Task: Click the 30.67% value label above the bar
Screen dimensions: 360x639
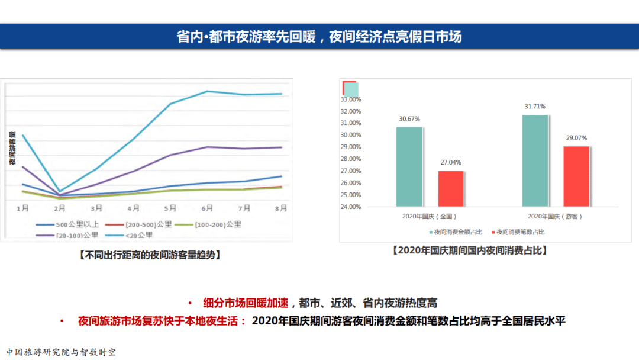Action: click(x=409, y=119)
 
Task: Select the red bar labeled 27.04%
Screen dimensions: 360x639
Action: click(x=451, y=188)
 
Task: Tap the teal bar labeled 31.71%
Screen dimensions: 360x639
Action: click(x=535, y=160)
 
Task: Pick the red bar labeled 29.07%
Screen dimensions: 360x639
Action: click(x=576, y=176)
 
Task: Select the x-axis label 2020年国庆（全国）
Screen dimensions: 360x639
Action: click(x=430, y=217)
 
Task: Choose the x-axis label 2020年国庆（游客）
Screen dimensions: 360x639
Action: click(x=555, y=217)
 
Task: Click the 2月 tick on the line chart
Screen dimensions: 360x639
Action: click(x=60, y=208)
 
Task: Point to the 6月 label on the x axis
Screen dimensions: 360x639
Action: click(x=207, y=208)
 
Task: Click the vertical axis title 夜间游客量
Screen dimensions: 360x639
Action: click(x=12, y=149)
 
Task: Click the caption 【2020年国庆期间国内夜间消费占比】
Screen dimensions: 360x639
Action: click(x=469, y=250)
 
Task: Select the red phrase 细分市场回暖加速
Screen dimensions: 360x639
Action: click(x=246, y=303)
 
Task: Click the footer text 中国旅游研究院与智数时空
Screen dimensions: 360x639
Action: click(x=61, y=352)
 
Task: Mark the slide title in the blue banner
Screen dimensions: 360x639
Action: click(x=319, y=37)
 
